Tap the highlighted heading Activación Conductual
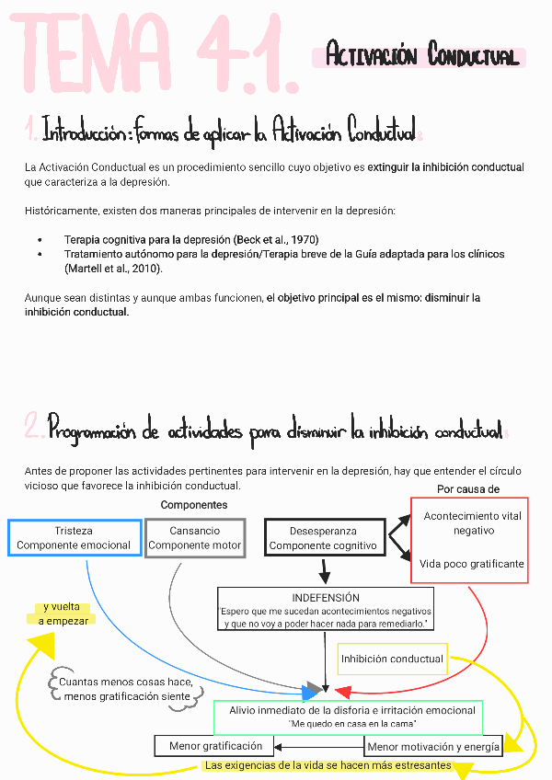pyautogui.click(x=422, y=57)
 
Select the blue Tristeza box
pyautogui.click(x=74, y=538)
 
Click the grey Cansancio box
pyautogui.click(x=195, y=538)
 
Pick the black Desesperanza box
pyautogui.click(x=323, y=538)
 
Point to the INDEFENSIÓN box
pyautogui.click(x=326, y=610)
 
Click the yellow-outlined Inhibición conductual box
pyautogui.click(x=393, y=659)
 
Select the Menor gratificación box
pyautogui.click(x=215, y=746)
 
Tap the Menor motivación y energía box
pyautogui.click(x=433, y=747)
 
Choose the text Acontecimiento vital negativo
pyautogui.click(x=473, y=523)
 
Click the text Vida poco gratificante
pyautogui.click(x=472, y=564)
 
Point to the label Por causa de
pyautogui.click(x=468, y=489)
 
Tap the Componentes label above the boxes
pyautogui.click(x=194, y=505)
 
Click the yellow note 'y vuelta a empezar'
pyautogui.click(x=63, y=614)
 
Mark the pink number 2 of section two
pyautogui.click(x=34, y=429)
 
